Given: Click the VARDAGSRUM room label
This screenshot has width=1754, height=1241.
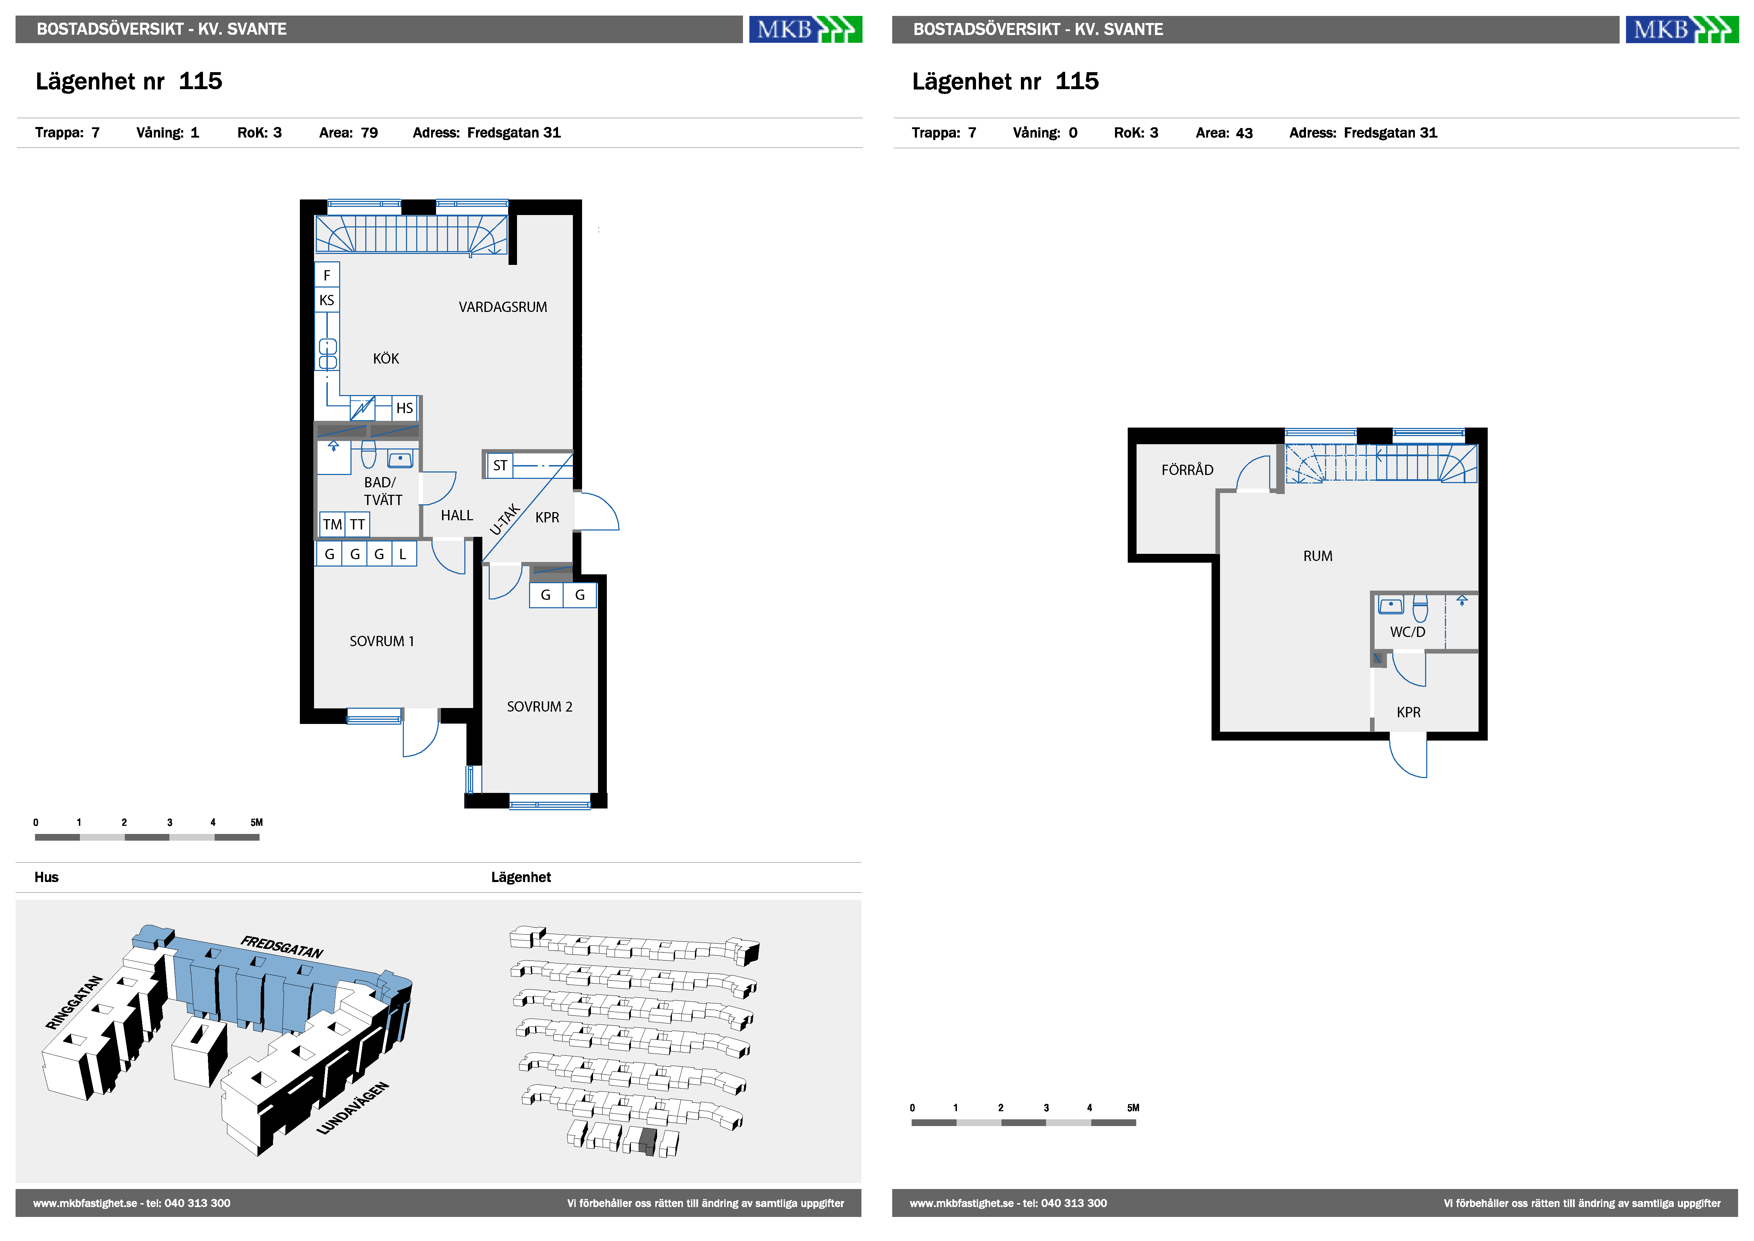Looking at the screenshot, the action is pos(503,307).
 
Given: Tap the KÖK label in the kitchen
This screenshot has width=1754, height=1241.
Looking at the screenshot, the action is pos(386,358).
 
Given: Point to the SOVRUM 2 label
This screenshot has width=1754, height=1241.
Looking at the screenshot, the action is pos(539,707).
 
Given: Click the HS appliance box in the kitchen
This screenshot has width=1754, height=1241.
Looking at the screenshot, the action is pos(405,408).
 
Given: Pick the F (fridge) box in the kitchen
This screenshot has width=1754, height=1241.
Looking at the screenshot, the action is pos(327,275).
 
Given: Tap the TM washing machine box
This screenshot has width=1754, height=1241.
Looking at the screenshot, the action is pos(332,524).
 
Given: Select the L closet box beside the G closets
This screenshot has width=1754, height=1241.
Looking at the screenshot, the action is pos(403,554).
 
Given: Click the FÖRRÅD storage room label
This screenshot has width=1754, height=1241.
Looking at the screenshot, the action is pos(1187,470).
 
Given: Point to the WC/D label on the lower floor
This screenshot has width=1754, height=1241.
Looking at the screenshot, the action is pos(1407,632).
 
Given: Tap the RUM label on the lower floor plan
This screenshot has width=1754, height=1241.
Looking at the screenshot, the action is pos(1318,556).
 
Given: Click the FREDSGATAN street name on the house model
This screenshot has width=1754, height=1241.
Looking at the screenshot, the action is pos(282,947).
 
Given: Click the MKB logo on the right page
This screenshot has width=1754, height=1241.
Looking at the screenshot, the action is pos(1682,30).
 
